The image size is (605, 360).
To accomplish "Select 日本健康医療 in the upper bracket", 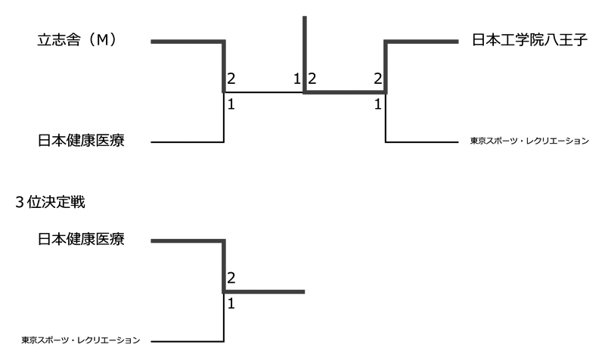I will click(x=81, y=141).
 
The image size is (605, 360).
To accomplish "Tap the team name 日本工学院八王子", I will click(x=529, y=41).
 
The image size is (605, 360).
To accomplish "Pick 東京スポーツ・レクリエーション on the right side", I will click(x=529, y=141).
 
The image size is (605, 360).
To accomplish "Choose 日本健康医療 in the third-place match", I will click(x=81, y=241).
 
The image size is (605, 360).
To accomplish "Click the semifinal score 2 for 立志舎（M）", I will click(x=231, y=79).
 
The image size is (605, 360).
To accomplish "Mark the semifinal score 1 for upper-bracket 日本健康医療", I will click(x=231, y=104).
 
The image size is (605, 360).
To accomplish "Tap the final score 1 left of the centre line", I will click(x=297, y=79).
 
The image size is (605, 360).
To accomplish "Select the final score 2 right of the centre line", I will click(x=312, y=79).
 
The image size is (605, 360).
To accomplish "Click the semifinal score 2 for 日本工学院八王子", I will click(x=377, y=79).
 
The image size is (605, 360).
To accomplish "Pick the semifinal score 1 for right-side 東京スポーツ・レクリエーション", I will click(x=377, y=104).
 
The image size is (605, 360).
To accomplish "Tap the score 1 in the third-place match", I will click(x=231, y=304).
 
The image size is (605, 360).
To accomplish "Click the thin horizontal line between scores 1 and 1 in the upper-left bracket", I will click(x=264, y=92).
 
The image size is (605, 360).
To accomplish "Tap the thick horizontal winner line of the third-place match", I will click(x=265, y=291).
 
